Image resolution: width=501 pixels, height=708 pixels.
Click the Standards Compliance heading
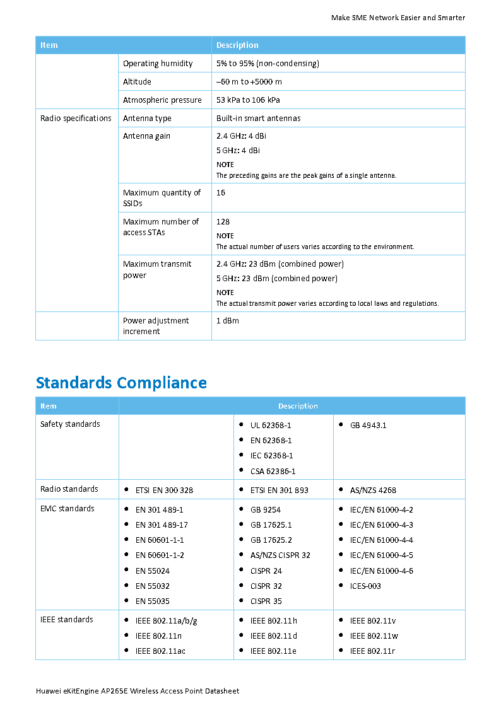click(121, 383)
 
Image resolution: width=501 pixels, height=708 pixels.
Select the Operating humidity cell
click(158, 64)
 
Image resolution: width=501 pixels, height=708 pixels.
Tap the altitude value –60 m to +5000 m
click(249, 82)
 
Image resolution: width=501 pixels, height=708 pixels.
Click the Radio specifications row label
click(76, 119)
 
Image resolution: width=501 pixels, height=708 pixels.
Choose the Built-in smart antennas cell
click(258, 119)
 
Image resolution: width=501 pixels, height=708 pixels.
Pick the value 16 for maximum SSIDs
click(221, 193)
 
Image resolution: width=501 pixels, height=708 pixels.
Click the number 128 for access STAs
click(223, 222)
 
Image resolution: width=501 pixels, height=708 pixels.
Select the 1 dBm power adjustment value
click(228, 321)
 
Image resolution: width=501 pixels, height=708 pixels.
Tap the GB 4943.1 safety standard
click(368, 426)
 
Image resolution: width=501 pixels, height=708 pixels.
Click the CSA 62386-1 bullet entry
click(273, 471)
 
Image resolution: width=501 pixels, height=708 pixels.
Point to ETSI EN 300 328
click(164, 490)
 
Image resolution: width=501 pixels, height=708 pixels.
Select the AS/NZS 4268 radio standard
click(373, 490)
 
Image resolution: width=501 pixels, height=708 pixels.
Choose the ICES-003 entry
click(365, 586)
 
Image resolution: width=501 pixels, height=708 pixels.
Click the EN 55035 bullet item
click(152, 601)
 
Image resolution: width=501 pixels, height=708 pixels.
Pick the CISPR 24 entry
click(266, 571)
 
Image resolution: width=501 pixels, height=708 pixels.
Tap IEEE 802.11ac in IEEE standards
click(160, 651)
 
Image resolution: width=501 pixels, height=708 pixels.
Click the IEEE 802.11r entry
click(372, 651)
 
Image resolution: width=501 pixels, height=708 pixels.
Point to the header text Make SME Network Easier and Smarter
click(398, 18)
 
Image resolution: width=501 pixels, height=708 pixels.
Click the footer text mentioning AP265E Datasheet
click(138, 691)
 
